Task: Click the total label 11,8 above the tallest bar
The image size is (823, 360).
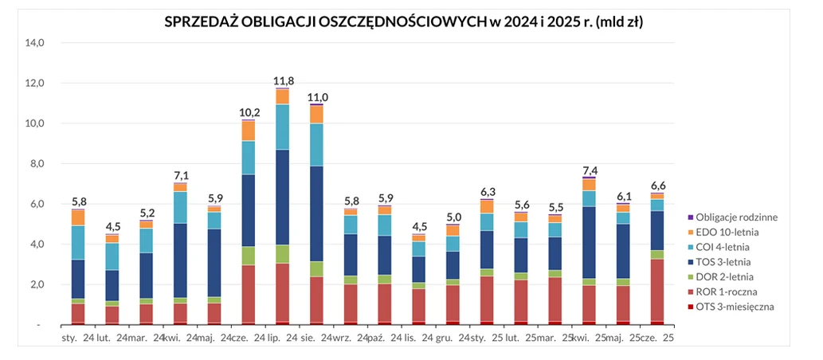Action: [283, 81]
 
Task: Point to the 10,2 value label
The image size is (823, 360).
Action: [249, 112]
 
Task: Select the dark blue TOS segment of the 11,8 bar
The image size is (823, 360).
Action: [283, 197]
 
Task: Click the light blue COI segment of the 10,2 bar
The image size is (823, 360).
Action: [249, 158]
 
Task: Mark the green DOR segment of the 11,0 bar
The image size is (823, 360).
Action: [317, 268]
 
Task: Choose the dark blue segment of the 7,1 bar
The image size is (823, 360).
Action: [181, 260]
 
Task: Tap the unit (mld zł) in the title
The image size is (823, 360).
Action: [619, 22]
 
